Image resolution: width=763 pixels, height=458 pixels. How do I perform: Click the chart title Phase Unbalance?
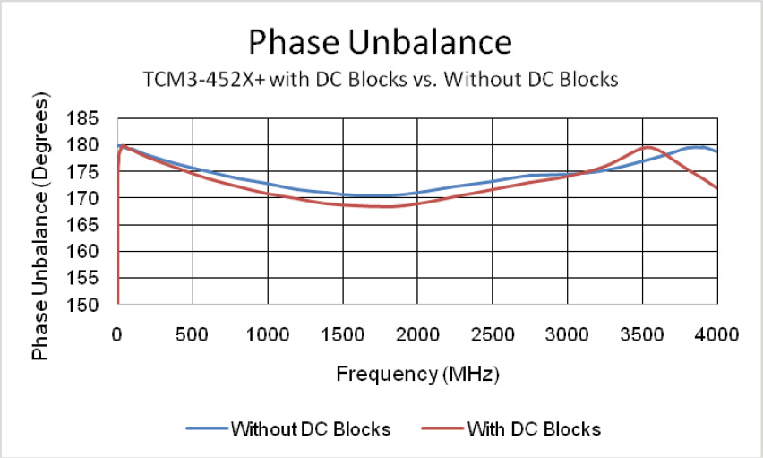(x=380, y=42)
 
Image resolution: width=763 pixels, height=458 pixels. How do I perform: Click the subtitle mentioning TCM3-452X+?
(x=381, y=79)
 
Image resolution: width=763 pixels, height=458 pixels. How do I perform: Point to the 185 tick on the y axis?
(x=93, y=118)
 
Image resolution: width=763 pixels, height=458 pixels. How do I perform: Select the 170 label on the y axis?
(x=93, y=198)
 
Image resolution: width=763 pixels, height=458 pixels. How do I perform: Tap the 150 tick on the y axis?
(x=93, y=305)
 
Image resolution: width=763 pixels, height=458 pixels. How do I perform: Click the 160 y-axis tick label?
(x=93, y=252)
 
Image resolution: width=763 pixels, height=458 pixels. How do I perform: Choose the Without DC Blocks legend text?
(x=311, y=429)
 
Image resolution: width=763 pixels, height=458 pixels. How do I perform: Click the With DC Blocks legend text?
(x=533, y=429)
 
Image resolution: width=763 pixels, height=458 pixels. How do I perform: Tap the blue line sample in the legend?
(x=207, y=429)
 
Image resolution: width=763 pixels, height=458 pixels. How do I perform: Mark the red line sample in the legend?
(x=442, y=429)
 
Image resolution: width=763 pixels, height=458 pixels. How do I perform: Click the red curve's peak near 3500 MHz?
(x=646, y=146)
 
